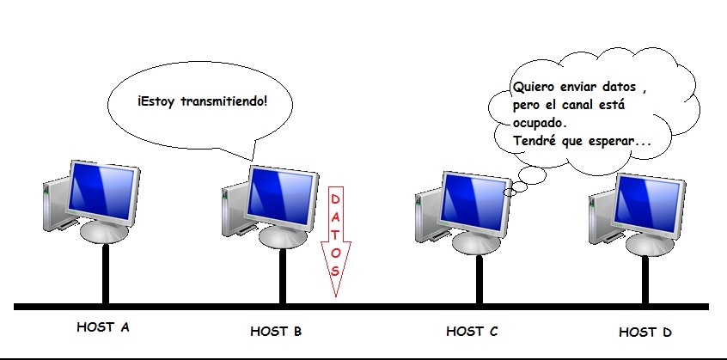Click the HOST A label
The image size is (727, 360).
[x=103, y=326]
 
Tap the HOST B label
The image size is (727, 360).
[x=276, y=330]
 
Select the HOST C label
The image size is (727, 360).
[x=472, y=330]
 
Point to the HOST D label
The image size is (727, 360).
[x=645, y=331]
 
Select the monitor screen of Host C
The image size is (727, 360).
[x=475, y=197]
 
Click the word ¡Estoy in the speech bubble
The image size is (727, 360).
[x=154, y=101]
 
